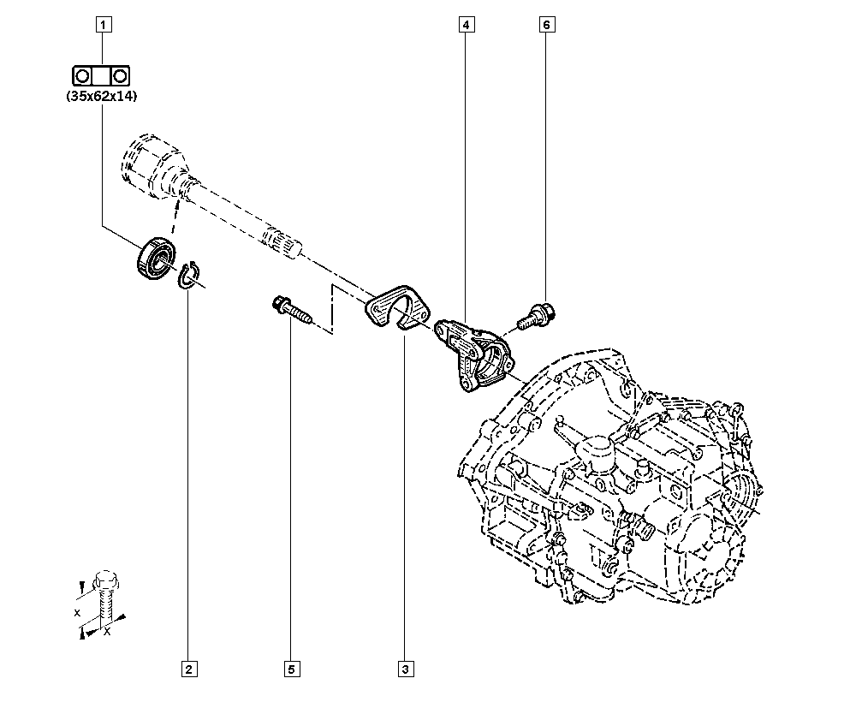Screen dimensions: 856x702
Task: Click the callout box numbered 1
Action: pos(104,25)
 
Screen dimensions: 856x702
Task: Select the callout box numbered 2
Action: pos(189,669)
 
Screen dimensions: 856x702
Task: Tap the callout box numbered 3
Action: pos(406,669)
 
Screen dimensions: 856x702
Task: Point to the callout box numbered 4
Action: pos(467,25)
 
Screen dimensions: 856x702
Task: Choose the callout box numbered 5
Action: pos(292,669)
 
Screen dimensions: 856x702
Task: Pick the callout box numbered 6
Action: pos(547,25)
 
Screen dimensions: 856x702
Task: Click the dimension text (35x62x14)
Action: pos(102,97)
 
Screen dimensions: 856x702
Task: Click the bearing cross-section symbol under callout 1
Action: pos(102,75)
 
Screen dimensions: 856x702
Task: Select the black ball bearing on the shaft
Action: pos(156,259)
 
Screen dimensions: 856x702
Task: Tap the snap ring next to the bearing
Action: pos(187,275)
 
